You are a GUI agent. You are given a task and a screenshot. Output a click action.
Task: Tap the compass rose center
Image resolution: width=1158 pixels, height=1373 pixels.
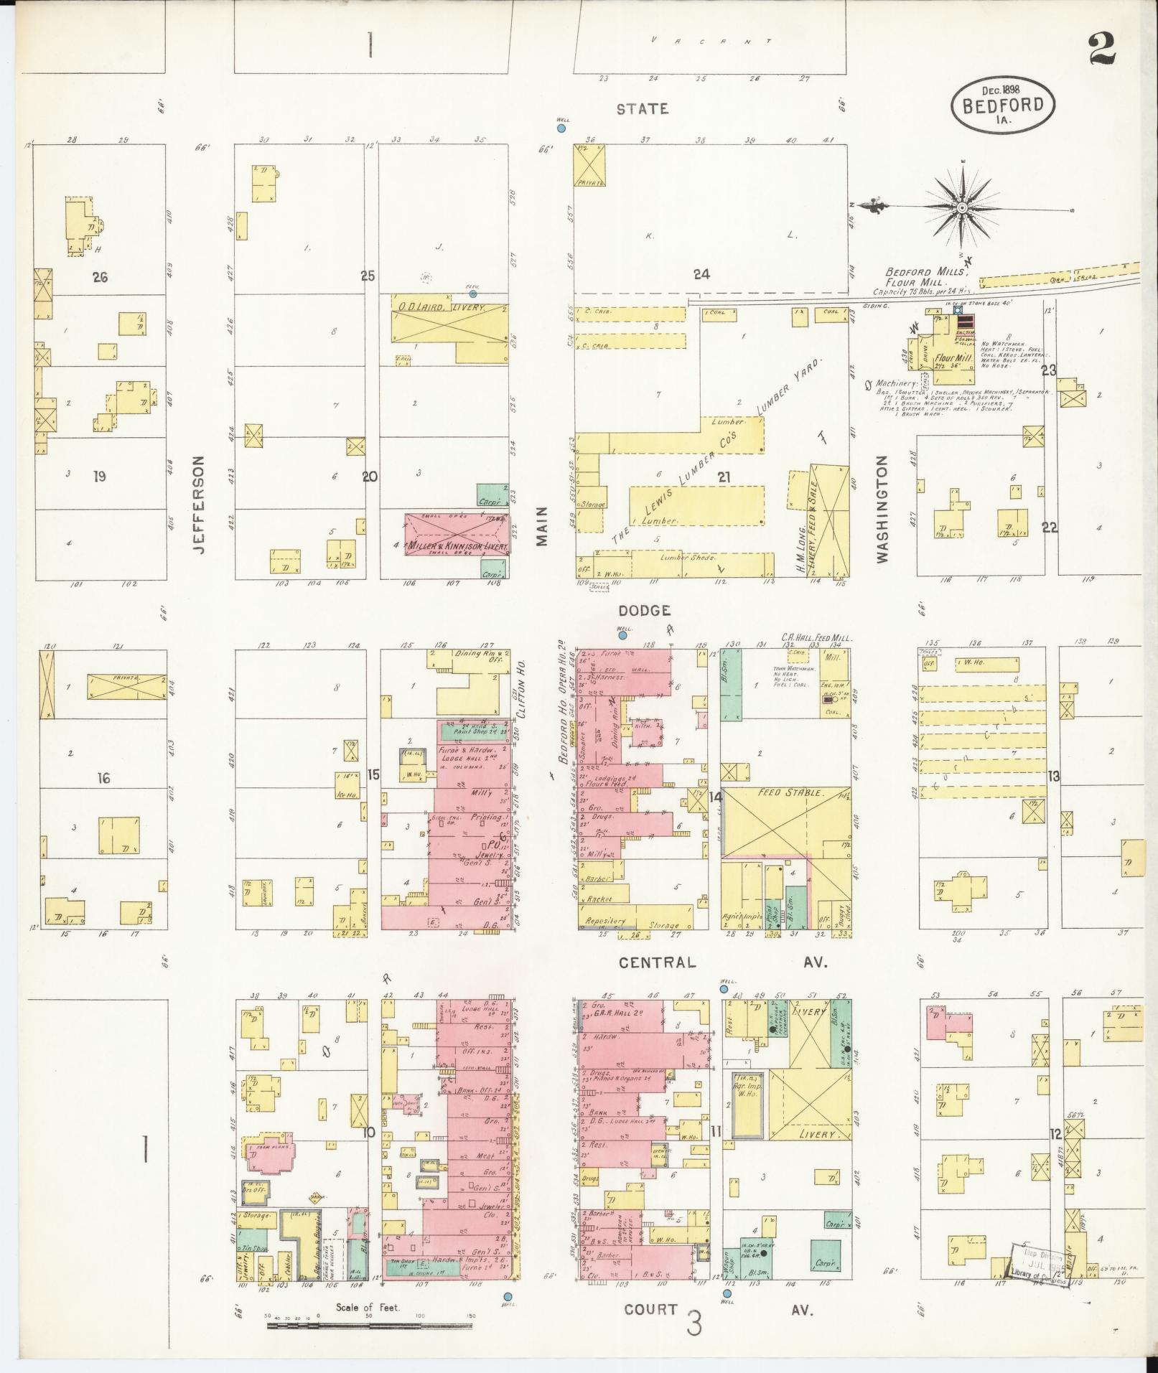pos(961,207)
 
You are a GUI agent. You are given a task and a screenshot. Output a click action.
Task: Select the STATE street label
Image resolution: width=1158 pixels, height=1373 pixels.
pos(643,109)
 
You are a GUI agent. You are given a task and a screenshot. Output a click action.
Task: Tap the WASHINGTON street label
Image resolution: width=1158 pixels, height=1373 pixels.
pos(882,508)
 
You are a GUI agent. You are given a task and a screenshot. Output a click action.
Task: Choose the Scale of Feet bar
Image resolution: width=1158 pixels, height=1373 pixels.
pos(369,1324)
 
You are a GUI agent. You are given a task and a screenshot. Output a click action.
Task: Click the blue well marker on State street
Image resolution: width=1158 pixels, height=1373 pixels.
pos(561,128)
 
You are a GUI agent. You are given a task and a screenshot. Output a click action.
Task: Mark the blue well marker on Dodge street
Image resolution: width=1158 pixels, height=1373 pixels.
pos(623,635)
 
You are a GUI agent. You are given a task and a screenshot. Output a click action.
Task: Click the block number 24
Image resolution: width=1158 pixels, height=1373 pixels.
pos(701,273)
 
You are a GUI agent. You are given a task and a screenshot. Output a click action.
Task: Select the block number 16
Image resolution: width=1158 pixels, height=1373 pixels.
pos(104,777)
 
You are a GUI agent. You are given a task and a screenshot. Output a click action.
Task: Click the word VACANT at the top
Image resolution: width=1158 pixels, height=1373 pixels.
pos(711,41)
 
